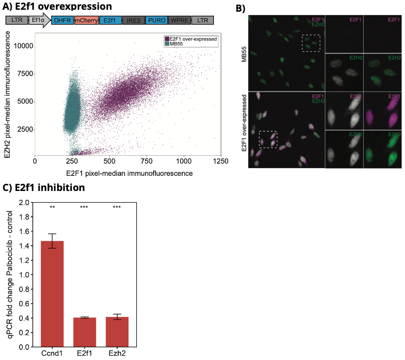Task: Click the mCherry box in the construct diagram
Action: (86, 20)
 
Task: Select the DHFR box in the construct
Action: (62, 20)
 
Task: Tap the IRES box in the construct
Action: (131, 20)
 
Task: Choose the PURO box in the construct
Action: (156, 20)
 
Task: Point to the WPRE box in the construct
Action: (179, 20)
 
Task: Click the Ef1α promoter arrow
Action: (39, 20)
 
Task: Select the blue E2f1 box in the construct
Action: (110, 20)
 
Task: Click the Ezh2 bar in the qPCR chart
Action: (117, 332)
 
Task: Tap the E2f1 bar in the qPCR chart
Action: (85, 332)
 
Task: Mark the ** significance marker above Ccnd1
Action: (52, 208)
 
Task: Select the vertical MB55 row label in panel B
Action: (243, 53)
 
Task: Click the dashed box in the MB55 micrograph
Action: (311, 43)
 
